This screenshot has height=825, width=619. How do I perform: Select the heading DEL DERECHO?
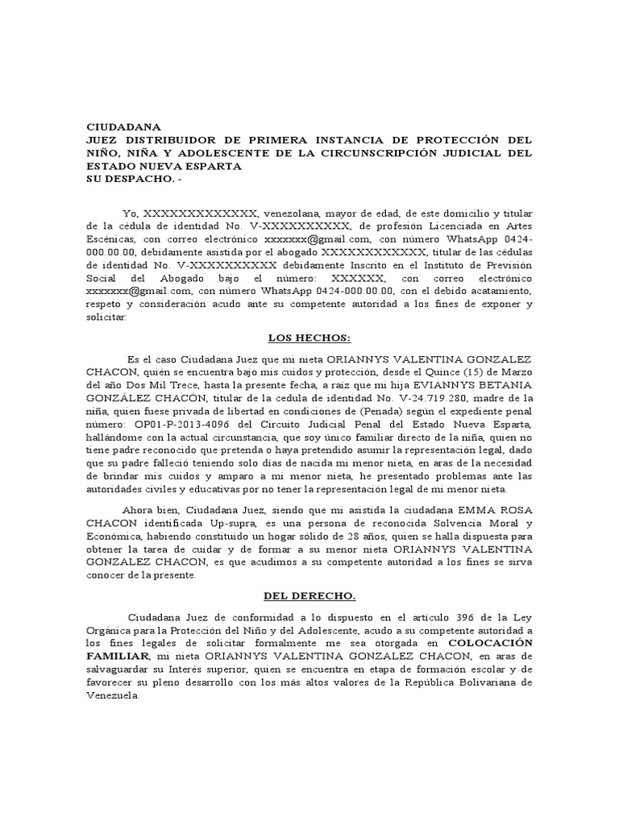tap(309, 596)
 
